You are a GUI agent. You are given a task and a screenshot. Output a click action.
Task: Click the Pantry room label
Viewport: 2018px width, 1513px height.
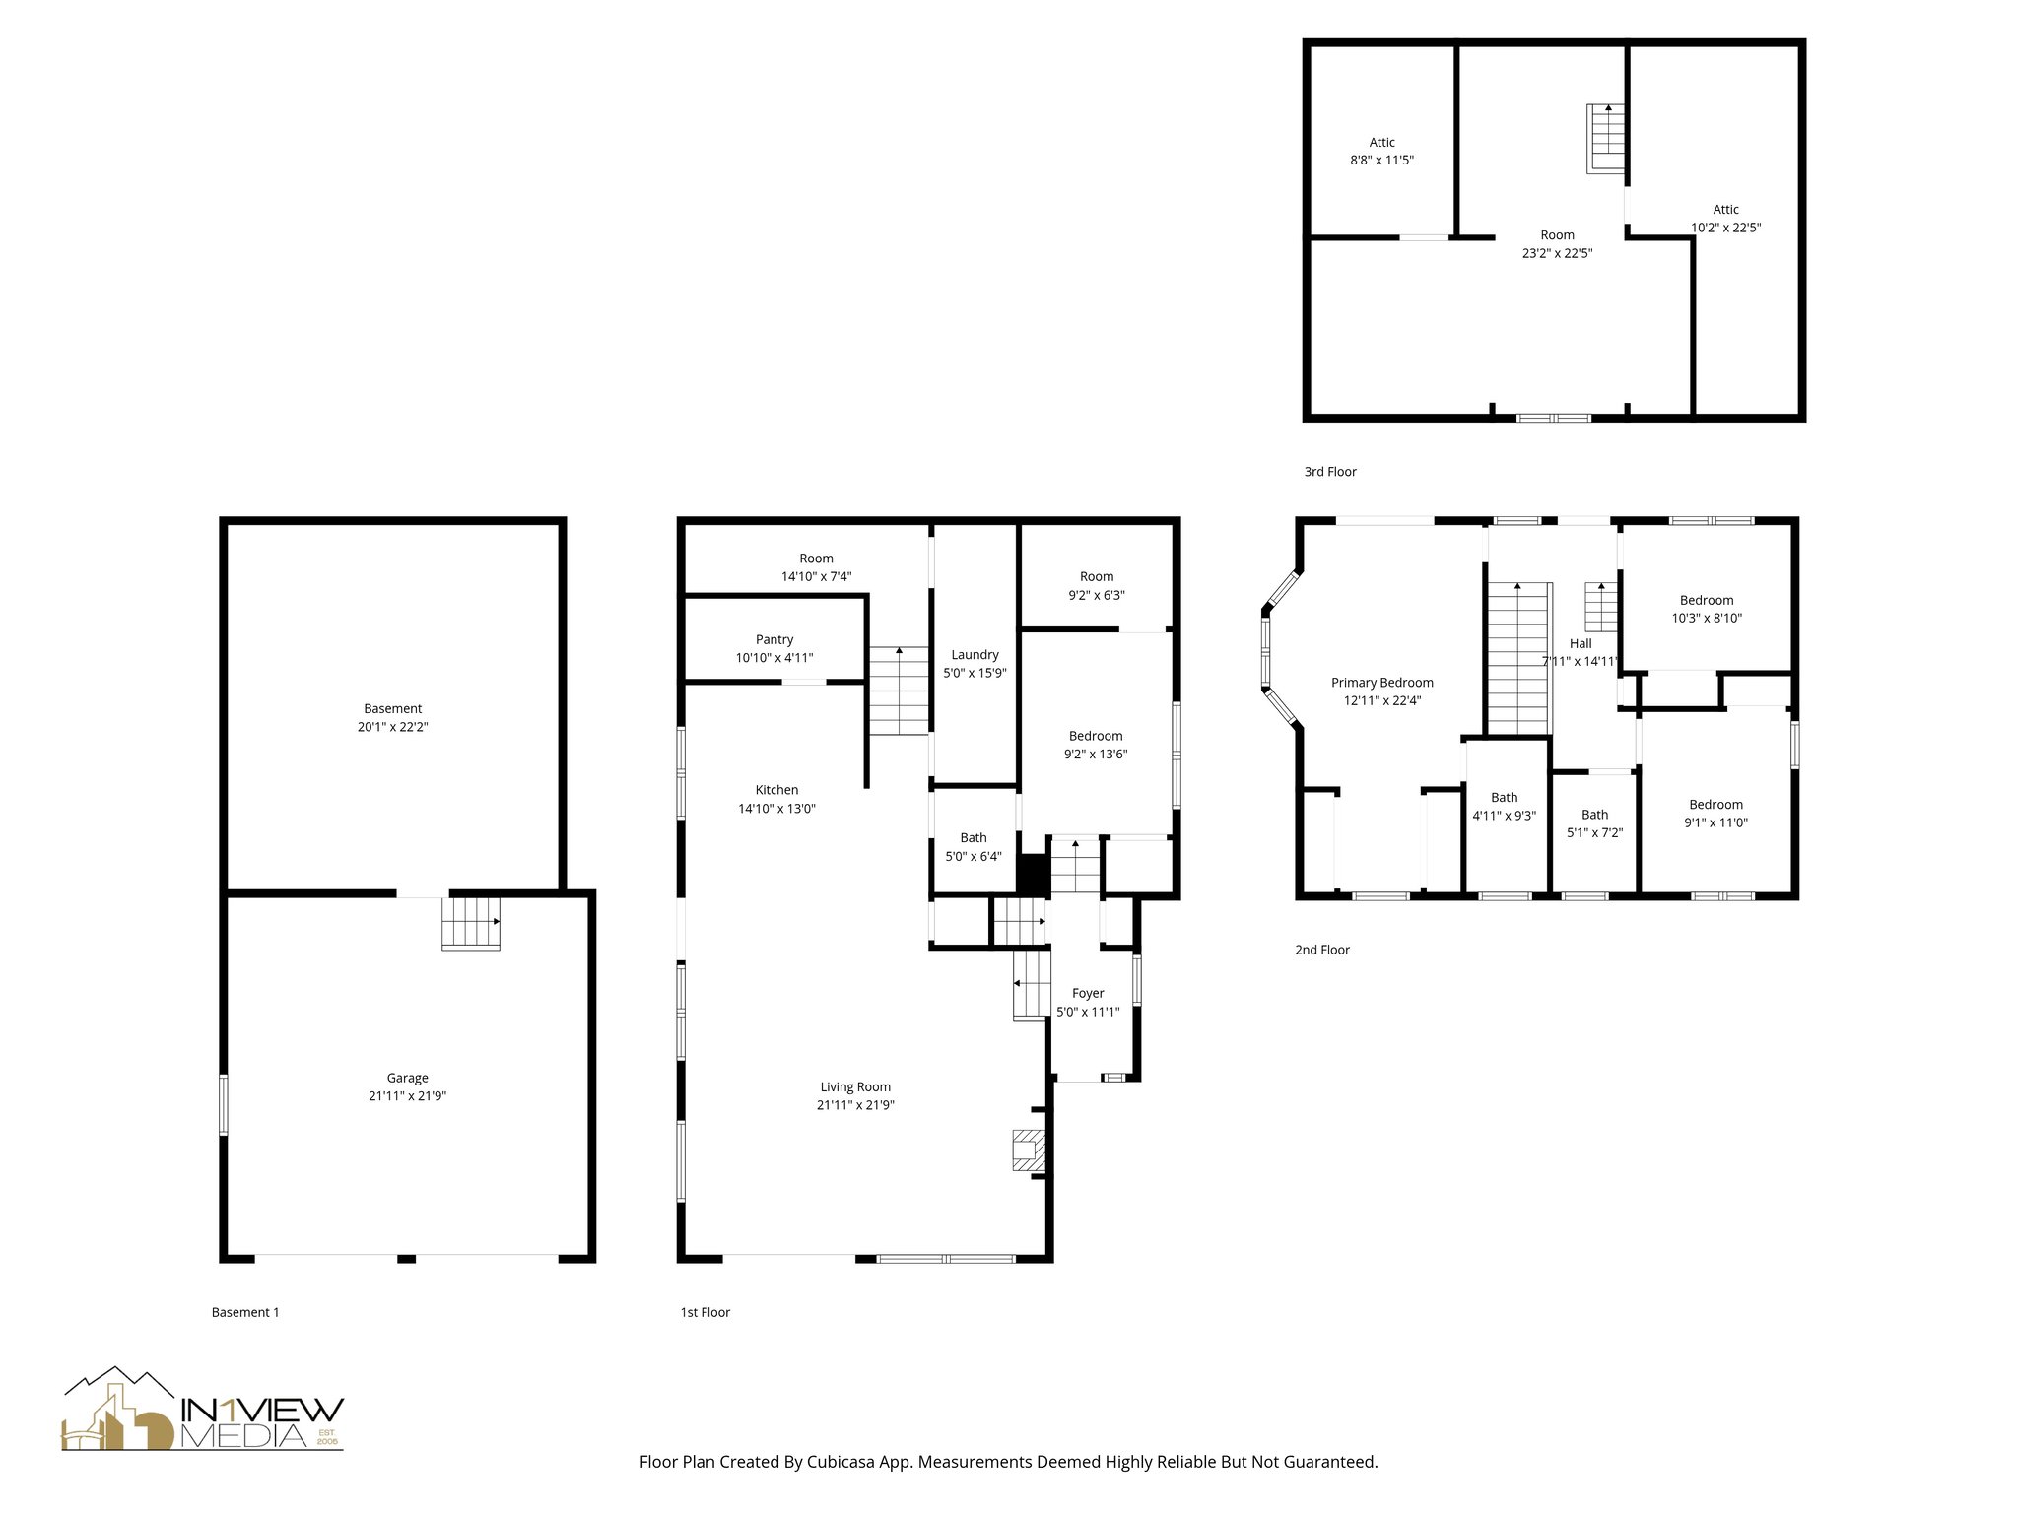tap(774, 639)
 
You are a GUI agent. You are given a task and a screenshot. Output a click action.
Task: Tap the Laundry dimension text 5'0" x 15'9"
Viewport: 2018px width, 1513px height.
tap(975, 674)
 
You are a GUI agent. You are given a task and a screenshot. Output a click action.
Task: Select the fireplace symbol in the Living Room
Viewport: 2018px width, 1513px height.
tap(1027, 1151)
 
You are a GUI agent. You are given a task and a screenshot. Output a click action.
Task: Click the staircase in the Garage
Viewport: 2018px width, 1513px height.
tap(471, 924)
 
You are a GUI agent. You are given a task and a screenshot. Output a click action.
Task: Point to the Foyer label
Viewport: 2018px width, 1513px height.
tap(1088, 993)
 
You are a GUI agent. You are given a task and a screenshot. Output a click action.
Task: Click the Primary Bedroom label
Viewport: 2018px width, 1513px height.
tap(1381, 683)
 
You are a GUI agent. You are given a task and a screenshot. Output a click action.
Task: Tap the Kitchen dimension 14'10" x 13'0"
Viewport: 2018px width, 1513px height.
tap(776, 809)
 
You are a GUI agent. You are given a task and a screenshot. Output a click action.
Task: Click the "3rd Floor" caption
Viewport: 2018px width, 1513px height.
tap(1330, 472)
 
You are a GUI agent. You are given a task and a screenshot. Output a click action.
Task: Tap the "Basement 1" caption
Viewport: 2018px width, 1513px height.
tap(245, 1312)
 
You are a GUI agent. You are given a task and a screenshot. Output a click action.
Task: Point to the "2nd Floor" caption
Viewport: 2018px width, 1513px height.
tap(1321, 950)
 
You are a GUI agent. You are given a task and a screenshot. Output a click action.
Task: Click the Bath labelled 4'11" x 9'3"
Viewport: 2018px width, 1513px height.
tap(1504, 807)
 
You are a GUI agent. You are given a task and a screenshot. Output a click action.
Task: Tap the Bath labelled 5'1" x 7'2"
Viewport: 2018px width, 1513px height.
tap(1594, 823)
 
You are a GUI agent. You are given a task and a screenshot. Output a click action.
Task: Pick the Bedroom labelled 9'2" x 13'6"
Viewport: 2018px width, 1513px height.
tap(1096, 745)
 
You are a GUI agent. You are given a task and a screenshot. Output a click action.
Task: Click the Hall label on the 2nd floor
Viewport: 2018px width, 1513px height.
tap(1581, 643)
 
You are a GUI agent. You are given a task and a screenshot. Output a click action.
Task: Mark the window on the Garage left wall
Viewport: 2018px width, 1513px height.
tap(224, 1105)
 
